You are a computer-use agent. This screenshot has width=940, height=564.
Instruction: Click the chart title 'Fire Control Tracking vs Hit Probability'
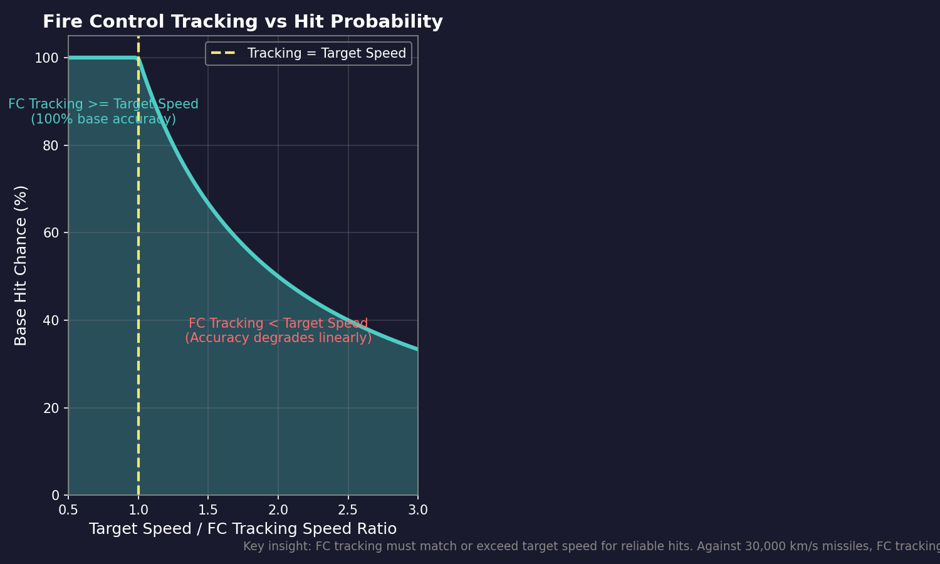coord(243,22)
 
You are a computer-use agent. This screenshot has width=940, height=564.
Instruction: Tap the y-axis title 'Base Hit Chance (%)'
coord(21,265)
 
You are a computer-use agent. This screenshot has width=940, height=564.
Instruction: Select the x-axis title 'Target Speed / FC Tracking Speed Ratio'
coord(243,529)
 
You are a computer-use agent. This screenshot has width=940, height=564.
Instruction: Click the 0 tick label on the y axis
coord(55,495)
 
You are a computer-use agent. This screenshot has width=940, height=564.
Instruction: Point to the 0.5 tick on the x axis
coord(68,510)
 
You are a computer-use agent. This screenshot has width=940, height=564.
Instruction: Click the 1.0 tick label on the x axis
coord(138,510)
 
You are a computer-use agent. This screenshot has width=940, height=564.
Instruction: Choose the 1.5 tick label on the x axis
coord(208,510)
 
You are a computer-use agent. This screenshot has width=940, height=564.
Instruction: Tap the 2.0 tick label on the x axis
coord(278,510)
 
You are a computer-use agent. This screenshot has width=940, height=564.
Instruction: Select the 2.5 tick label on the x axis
coord(348,510)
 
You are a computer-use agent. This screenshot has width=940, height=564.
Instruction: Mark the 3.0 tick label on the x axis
coord(418,510)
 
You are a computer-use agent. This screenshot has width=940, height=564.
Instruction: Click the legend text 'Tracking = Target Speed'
coord(326,53)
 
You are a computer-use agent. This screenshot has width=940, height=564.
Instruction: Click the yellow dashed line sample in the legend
coord(223,53)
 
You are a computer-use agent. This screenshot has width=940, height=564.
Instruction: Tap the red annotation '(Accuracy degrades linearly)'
coord(278,338)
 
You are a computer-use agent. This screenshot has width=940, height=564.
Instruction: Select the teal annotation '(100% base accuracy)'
coord(103,119)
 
